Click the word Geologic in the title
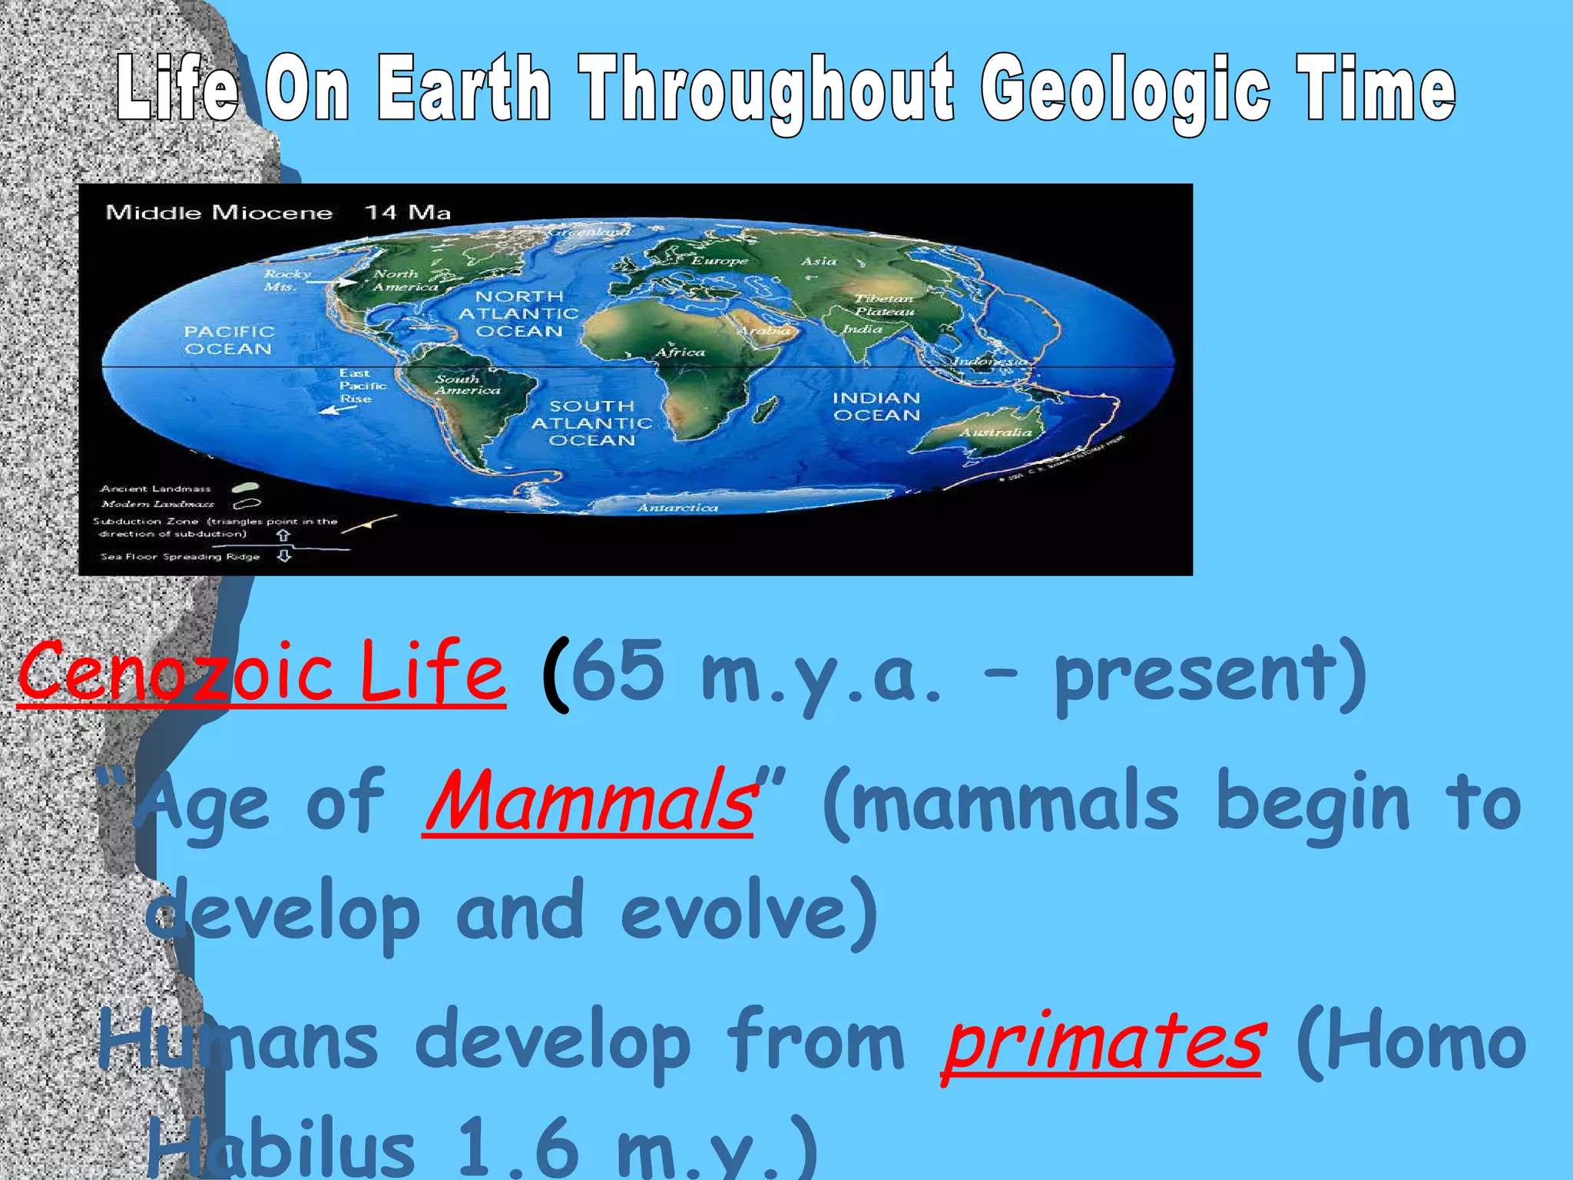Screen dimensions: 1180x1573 pyautogui.click(x=1125, y=91)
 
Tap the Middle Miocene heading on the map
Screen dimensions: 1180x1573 pyautogui.click(x=219, y=213)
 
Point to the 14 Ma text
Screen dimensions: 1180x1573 pyautogui.click(x=407, y=213)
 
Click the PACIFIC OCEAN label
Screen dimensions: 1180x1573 pyautogui.click(x=228, y=340)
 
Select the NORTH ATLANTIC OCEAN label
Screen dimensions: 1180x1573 pyautogui.click(x=519, y=313)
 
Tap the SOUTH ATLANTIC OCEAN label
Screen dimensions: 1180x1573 pyautogui.click(x=591, y=423)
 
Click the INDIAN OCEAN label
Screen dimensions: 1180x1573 pyautogui.click(x=876, y=406)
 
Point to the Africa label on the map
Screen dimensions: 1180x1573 pyautogui.click(x=680, y=353)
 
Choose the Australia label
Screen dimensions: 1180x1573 pyautogui.click(x=995, y=433)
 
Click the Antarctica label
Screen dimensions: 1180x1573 pyautogui.click(x=677, y=508)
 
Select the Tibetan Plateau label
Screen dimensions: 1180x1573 pyautogui.click(x=885, y=305)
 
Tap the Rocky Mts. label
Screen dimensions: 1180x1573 pyautogui.click(x=286, y=280)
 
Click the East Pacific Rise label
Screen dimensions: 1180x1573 pyautogui.click(x=362, y=386)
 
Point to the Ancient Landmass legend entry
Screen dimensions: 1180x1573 pyautogui.click(x=156, y=489)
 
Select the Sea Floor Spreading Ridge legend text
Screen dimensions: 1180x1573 pyautogui.click(x=180, y=557)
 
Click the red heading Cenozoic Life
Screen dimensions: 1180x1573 pyautogui.click(x=261, y=671)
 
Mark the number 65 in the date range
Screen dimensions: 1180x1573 pyautogui.click(x=618, y=671)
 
